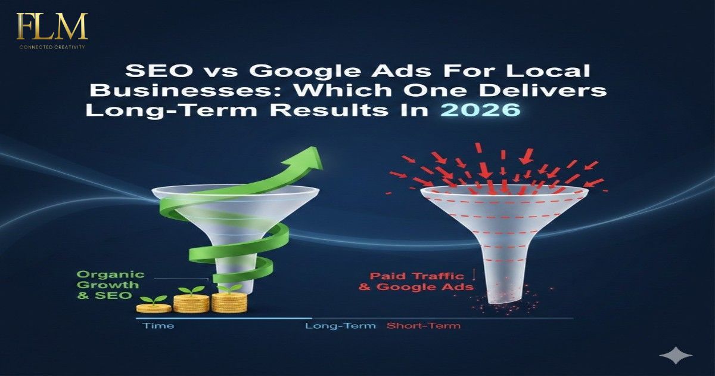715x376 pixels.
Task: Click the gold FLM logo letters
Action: point(52,27)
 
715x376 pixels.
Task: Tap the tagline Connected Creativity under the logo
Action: point(52,47)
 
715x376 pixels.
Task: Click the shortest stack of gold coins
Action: point(154,308)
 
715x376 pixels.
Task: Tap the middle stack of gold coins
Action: point(192,304)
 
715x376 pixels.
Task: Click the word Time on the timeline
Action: point(158,326)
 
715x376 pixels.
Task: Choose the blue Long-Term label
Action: point(340,326)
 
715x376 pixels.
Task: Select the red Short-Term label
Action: point(424,326)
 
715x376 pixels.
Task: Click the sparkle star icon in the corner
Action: point(676,356)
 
